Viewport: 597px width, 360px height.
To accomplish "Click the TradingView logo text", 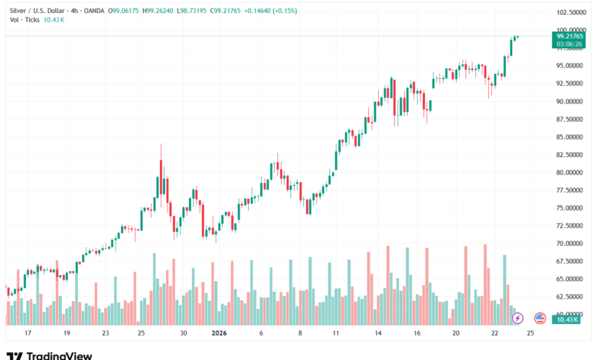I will coord(59,355).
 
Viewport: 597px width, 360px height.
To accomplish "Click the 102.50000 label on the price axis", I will coord(571,13).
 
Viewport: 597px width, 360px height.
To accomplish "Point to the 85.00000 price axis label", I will coord(571,137).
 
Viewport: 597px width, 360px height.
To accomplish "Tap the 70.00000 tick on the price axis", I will coord(571,244).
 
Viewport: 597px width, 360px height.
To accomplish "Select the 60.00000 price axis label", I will coord(571,314).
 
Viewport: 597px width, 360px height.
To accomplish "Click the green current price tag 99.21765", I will coord(571,36).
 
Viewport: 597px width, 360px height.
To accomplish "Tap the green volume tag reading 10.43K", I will coord(566,319).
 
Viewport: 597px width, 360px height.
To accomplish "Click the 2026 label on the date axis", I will coord(219,334).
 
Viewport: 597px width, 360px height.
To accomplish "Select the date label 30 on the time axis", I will coord(184,334).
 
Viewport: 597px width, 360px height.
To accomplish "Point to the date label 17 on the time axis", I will coord(28,334).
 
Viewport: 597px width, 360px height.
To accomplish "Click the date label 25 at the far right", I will coord(530,334).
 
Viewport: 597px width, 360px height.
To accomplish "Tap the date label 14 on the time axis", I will coord(377,334).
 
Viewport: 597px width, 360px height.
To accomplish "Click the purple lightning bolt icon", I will coord(517,318).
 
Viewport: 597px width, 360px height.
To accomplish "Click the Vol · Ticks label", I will coord(24,20).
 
